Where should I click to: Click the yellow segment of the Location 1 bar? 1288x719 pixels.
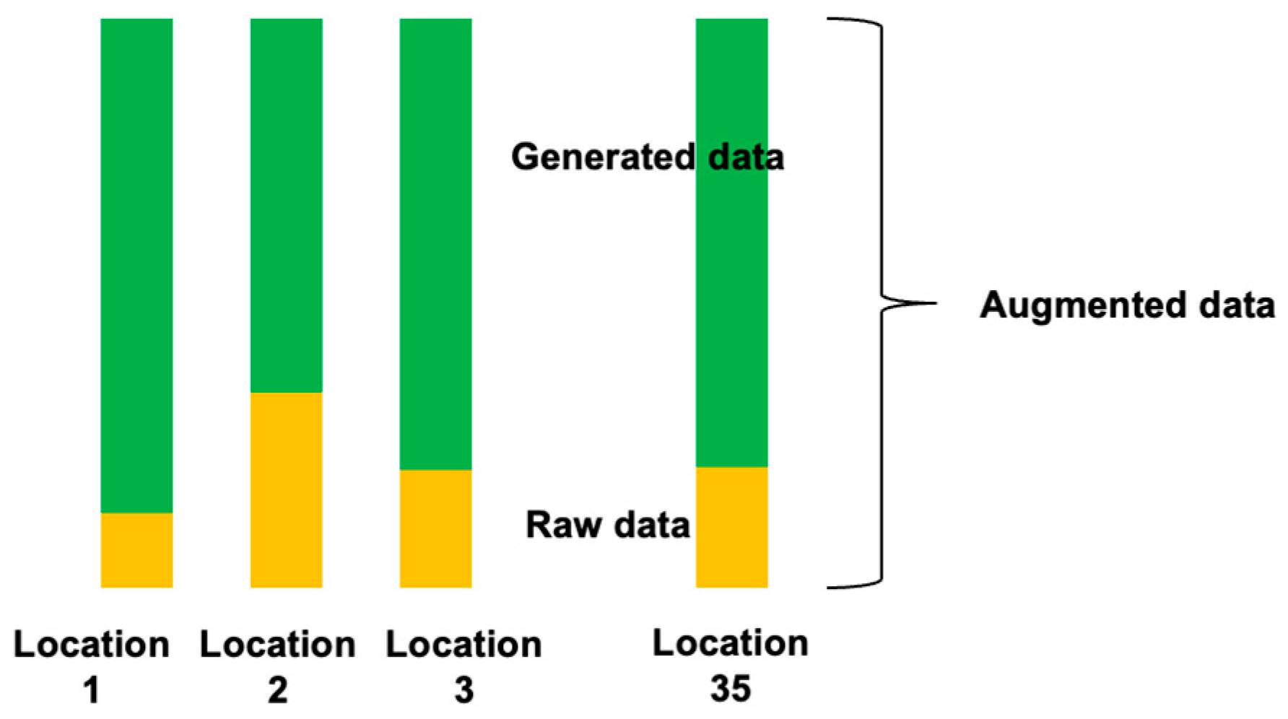136,549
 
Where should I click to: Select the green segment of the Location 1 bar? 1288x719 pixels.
136,266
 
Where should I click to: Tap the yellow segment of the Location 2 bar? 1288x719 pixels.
286,489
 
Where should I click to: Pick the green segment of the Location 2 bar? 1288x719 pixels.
286,206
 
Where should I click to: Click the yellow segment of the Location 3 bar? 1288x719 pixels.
435,528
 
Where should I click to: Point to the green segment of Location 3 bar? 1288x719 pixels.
435,244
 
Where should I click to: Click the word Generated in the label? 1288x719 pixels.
602,157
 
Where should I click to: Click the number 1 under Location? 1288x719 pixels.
91,690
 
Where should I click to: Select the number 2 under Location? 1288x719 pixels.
277,690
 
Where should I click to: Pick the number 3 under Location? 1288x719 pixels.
464,690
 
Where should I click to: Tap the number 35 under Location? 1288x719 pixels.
731,689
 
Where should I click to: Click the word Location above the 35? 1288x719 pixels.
731,642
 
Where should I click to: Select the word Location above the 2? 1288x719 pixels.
277,644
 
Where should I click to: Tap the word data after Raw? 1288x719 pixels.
653,525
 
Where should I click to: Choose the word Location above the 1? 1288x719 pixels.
91,644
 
